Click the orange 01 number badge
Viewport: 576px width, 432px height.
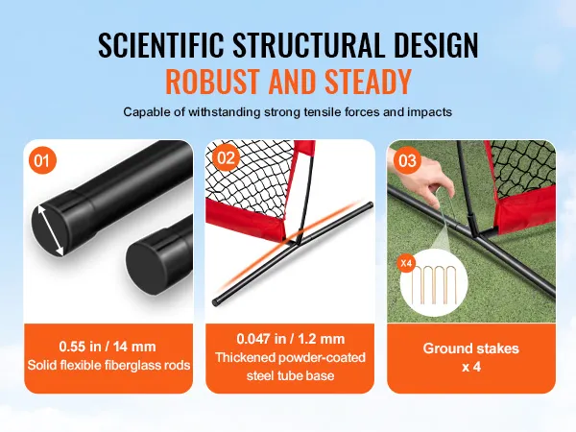[x=41, y=160]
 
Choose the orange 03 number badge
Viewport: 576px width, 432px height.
[x=406, y=160]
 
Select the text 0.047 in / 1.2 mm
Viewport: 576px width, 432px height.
[x=290, y=338]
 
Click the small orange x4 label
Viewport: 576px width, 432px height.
[x=405, y=261]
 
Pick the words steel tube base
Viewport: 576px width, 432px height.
[x=289, y=375]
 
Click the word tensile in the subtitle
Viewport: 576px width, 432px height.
[x=326, y=111]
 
